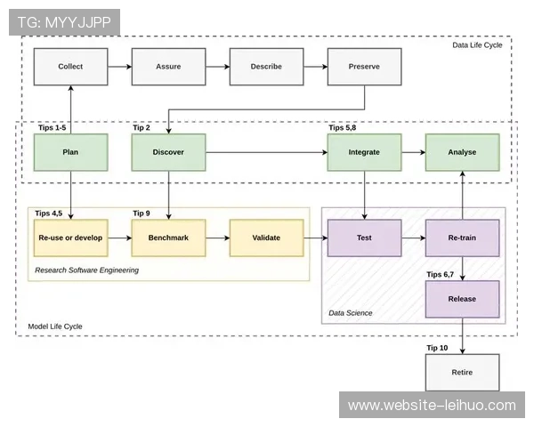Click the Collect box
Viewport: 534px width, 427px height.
70,67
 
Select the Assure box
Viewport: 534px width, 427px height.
168,67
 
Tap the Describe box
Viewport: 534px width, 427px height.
266,67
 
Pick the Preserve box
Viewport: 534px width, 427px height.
364,67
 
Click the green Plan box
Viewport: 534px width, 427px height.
70,152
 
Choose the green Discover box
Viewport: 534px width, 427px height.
168,152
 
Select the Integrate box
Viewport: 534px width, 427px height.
364,152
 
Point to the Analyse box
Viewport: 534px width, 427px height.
462,152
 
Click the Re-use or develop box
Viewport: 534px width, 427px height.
70,238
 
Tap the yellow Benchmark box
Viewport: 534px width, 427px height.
168,238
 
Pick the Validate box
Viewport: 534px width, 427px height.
266,238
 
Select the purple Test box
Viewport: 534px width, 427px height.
364,238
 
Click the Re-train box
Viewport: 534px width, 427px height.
462,238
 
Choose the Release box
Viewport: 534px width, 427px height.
462,299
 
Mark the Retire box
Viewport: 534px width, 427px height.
462,372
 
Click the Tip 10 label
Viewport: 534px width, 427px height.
437,348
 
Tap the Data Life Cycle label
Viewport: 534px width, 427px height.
477,44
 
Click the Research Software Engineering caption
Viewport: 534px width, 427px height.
87,270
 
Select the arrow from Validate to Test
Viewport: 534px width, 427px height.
315,238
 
